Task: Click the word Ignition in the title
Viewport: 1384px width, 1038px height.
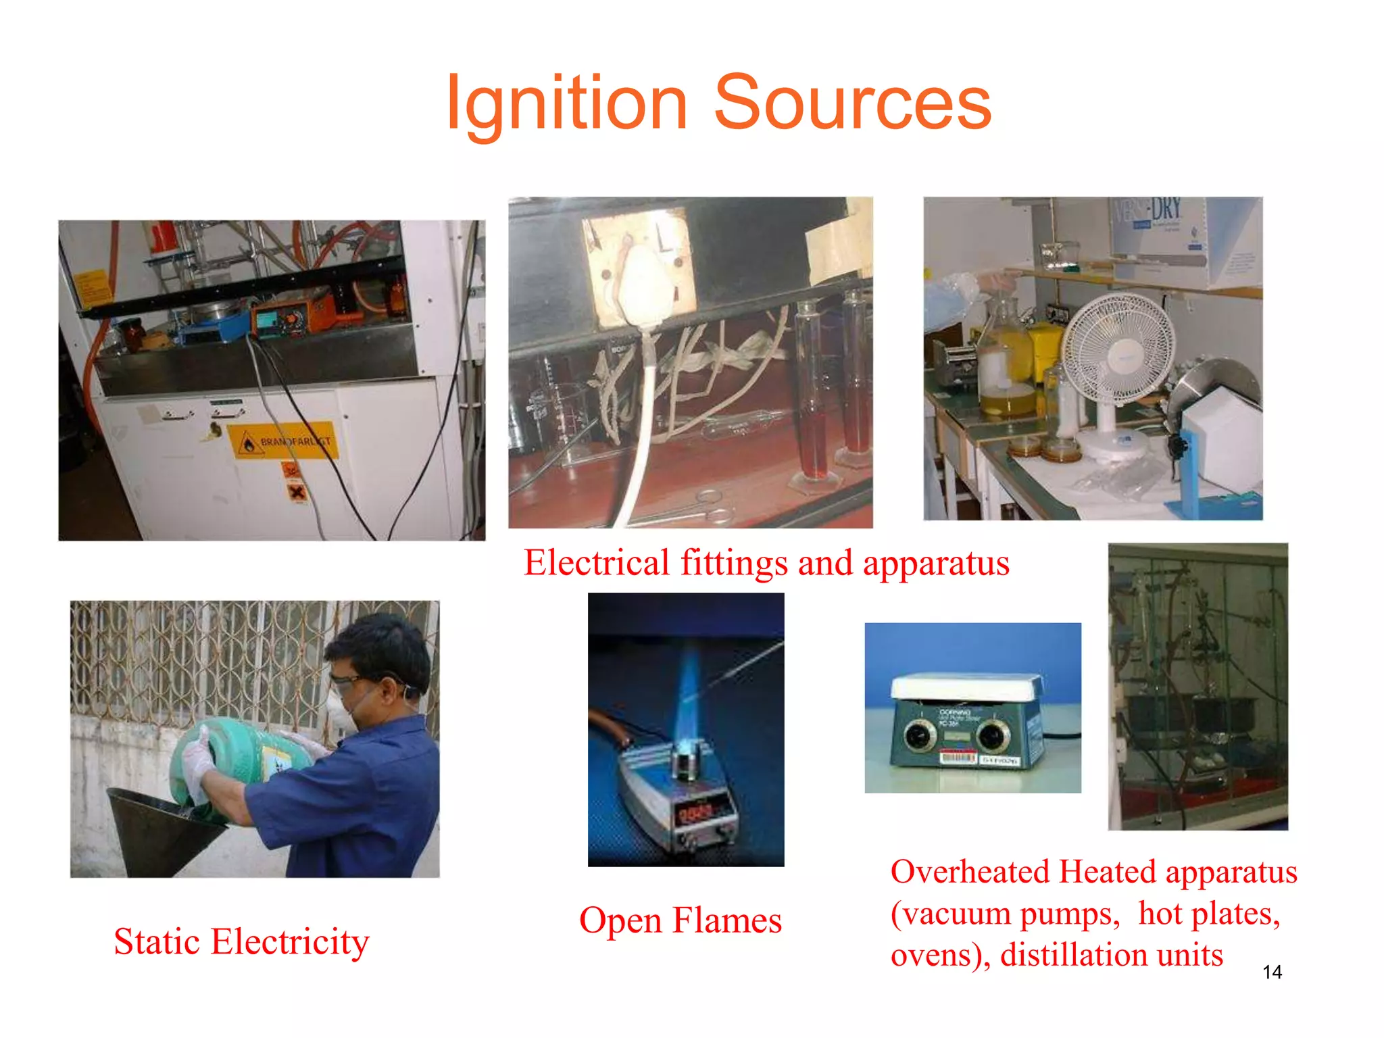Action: [566, 103]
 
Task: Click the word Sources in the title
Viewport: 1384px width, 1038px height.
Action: [852, 103]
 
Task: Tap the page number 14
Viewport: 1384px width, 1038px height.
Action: [1272, 972]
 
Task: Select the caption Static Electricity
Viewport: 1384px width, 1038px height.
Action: [241, 941]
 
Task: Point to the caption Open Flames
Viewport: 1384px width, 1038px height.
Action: [680, 920]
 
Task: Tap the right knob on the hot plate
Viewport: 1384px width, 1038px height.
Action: [993, 735]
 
